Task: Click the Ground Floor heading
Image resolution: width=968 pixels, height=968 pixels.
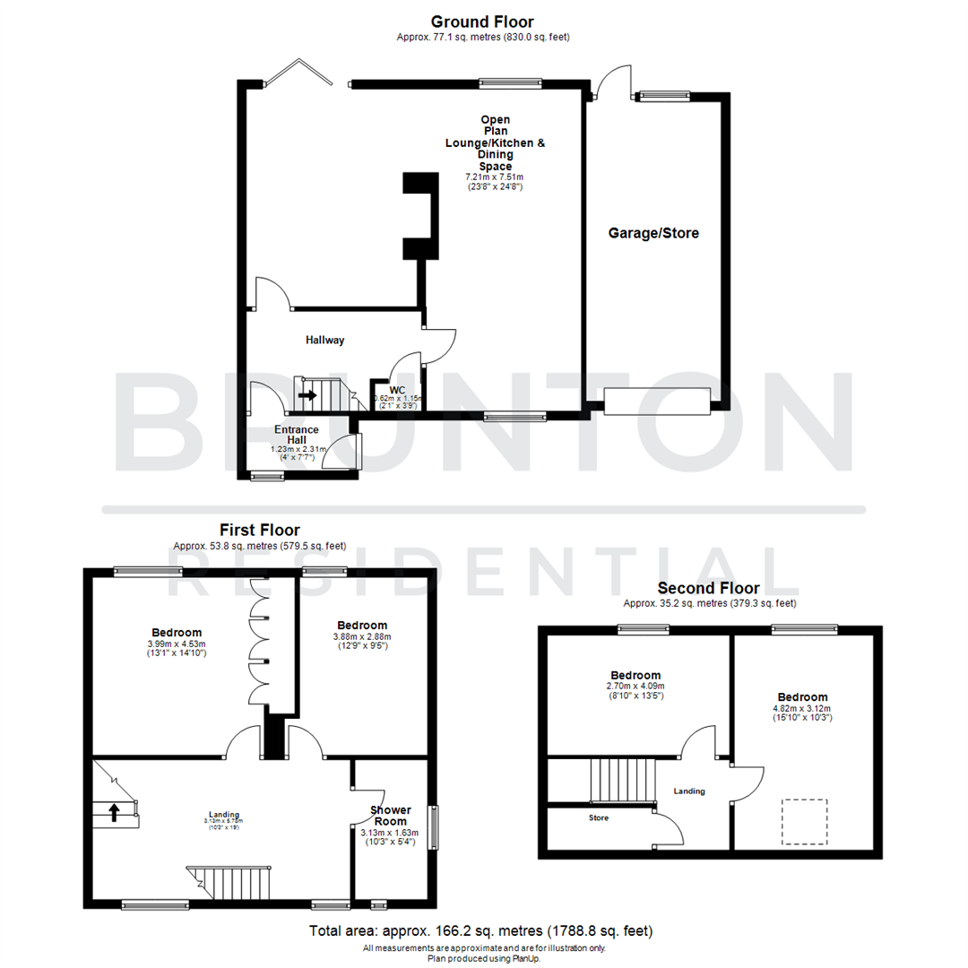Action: (482, 22)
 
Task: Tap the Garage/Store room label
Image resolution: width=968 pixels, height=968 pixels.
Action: (653, 233)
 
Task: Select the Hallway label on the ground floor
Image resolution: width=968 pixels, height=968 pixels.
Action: (324, 340)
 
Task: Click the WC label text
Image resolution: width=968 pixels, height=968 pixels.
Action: (398, 390)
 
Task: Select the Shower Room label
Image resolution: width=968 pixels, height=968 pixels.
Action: (391, 816)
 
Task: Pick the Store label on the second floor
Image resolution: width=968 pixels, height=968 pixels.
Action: (598, 818)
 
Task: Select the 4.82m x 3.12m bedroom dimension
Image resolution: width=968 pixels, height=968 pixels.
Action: (802, 709)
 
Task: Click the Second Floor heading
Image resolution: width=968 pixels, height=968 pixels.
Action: (708, 589)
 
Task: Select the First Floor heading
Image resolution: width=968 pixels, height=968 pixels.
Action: (260, 531)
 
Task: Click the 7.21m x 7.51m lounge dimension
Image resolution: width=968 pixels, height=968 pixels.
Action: (495, 177)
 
